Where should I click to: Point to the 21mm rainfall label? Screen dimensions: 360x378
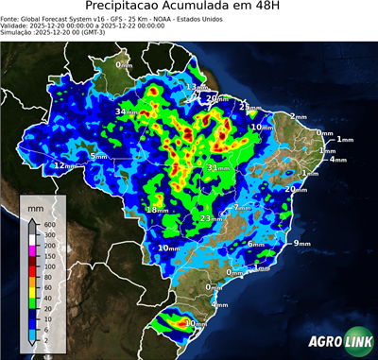(249, 106)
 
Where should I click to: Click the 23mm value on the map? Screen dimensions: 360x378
(211, 218)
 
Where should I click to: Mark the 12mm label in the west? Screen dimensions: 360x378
(64, 165)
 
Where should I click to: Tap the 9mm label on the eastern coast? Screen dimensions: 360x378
(301, 243)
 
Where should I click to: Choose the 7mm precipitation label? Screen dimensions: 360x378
(242, 207)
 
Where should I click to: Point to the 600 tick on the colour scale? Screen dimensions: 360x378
(49, 223)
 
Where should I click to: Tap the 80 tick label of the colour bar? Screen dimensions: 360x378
(47, 277)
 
